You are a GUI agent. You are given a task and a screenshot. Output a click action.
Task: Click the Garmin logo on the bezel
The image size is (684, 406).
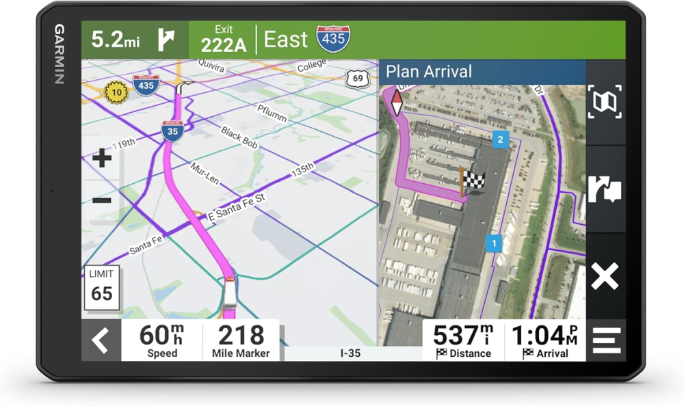(60, 54)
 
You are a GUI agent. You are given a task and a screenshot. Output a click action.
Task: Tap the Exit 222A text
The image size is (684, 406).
(223, 40)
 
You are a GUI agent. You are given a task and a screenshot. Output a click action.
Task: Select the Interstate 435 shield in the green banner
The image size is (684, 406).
(333, 39)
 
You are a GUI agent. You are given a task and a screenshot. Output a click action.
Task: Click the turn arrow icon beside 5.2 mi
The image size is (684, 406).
(166, 40)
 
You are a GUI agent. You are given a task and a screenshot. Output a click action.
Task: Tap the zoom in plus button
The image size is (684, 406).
(102, 159)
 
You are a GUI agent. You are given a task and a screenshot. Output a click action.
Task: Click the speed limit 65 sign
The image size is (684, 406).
(101, 285)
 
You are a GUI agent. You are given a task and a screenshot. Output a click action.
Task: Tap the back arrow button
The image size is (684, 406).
(101, 340)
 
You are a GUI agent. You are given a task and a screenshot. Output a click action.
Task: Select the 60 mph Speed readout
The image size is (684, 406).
(162, 340)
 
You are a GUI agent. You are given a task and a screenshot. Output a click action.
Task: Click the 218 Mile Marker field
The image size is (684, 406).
(241, 340)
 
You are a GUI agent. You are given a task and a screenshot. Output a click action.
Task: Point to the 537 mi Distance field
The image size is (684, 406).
(463, 340)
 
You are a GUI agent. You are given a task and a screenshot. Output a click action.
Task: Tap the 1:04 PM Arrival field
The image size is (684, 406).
(544, 340)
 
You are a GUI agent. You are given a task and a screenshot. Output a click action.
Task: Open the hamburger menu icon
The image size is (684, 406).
(606, 340)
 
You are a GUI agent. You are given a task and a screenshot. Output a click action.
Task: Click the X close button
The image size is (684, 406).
(605, 277)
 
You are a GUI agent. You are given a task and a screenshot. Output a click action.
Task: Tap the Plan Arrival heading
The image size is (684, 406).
(429, 72)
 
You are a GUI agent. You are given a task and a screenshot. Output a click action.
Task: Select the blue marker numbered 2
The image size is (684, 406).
(500, 140)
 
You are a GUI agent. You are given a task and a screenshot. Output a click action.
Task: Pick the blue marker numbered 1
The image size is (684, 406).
(494, 242)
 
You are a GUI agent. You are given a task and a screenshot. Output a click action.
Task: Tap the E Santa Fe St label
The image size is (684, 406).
(235, 207)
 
